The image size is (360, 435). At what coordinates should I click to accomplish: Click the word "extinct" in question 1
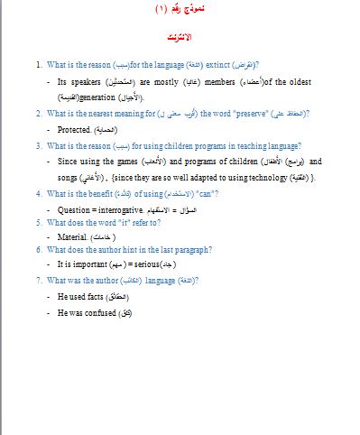coord(215,66)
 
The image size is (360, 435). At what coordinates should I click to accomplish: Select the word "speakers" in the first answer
coord(83,82)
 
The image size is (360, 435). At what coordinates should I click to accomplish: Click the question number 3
coord(38,145)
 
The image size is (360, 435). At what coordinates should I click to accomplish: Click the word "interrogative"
coord(121,209)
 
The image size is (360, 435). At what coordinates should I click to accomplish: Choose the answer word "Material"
coord(72,236)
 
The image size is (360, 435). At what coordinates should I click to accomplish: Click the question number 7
coord(38,280)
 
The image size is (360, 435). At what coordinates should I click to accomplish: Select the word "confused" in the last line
coord(99,312)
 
